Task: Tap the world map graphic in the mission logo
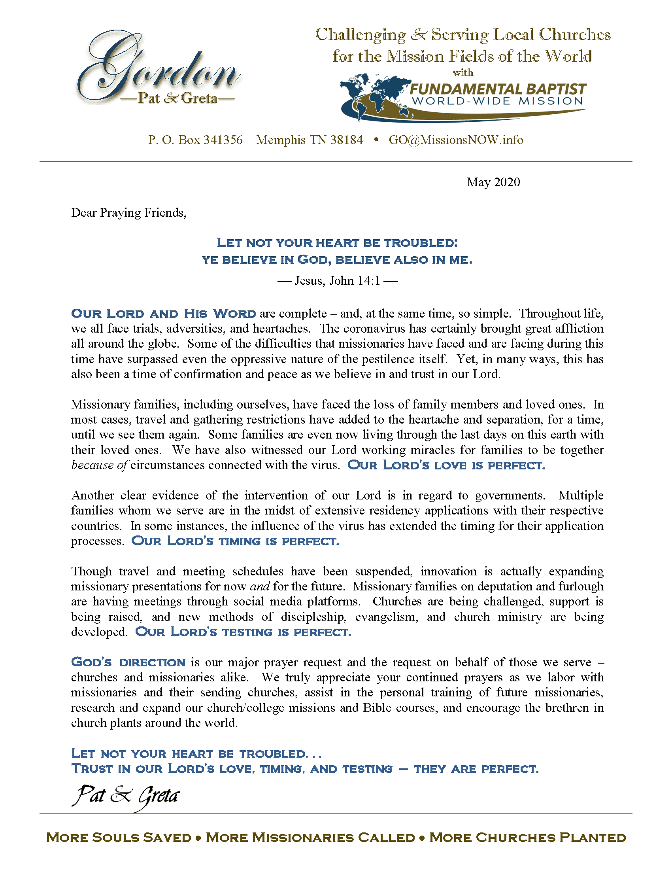[374, 96]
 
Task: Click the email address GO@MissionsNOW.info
[456, 140]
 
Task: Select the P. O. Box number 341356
[223, 140]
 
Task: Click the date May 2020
[493, 182]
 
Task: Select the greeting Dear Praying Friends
[128, 213]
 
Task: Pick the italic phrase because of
[99, 465]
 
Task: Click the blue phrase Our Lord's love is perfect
[446, 465]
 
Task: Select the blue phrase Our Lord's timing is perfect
[235, 541]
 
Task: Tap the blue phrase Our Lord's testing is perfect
[243, 632]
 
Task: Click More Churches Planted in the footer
[527, 838]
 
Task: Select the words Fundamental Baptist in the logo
[498, 89]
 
